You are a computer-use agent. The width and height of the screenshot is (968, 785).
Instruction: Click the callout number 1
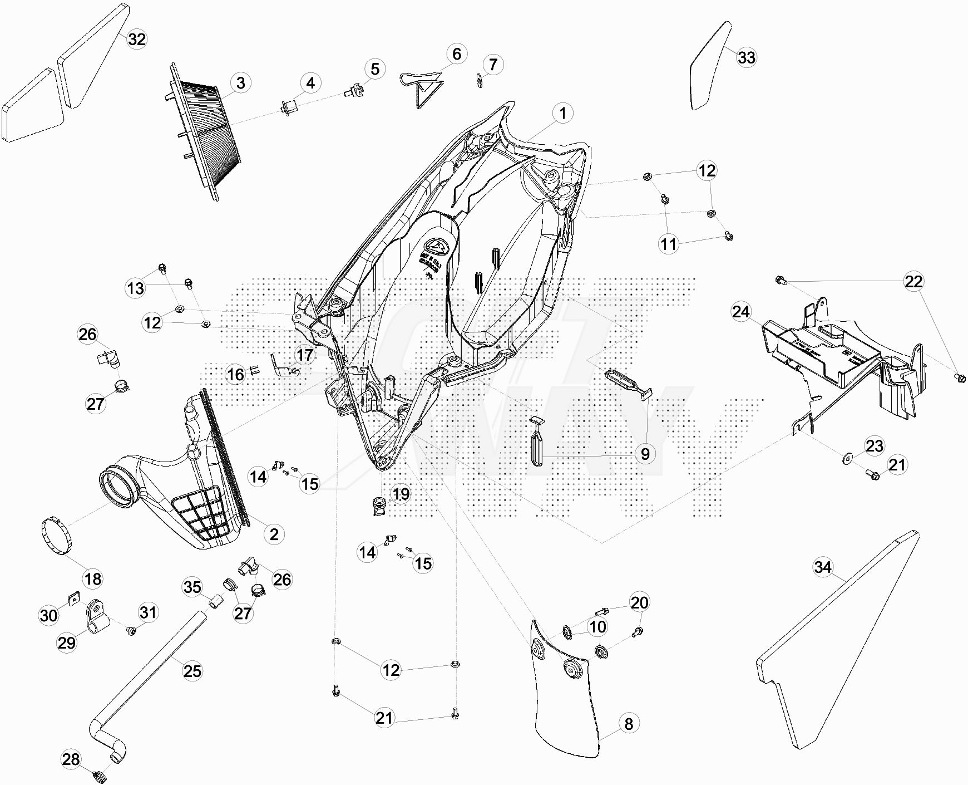(x=562, y=113)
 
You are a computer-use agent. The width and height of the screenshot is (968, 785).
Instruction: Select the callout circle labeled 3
(x=240, y=83)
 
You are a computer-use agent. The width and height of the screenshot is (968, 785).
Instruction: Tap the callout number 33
(x=747, y=57)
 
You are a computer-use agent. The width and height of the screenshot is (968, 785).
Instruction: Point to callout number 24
(x=741, y=312)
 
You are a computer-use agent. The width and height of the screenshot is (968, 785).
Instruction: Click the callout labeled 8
(x=629, y=724)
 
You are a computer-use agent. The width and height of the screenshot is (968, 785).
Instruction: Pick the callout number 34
(x=822, y=567)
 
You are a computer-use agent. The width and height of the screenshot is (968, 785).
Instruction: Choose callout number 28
(x=71, y=759)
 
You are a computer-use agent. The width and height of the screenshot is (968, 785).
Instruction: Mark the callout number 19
(x=401, y=494)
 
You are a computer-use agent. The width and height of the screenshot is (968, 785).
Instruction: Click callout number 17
(x=305, y=355)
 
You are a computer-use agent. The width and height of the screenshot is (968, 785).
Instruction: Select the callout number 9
(x=645, y=454)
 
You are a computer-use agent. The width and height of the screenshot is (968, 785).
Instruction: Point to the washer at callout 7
(x=479, y=80)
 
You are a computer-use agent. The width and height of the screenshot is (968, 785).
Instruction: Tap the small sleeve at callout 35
(x=215, y=602)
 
